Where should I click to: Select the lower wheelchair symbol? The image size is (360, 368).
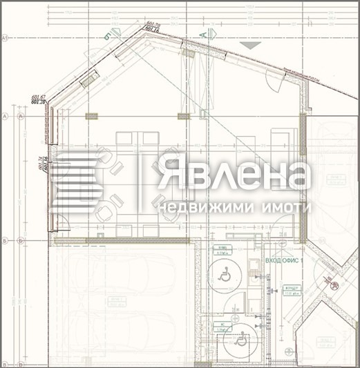coord(241,340)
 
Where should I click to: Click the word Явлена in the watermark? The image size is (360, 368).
coord(231,173)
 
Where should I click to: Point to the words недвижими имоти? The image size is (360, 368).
coord(234,207)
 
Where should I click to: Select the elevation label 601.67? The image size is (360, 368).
coord(38,97)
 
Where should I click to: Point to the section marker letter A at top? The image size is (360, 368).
coord(203,33)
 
